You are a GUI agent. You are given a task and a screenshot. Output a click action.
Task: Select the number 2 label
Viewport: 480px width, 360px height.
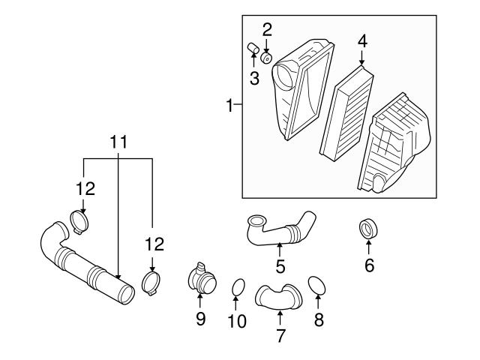266,30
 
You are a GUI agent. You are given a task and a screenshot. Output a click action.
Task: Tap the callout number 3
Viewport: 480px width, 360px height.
254,78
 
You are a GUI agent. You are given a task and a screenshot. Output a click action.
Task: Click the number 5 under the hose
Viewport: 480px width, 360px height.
280,266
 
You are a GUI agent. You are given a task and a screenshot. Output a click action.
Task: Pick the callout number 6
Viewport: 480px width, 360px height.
368,265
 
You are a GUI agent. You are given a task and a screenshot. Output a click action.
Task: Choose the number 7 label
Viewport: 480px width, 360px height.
280,335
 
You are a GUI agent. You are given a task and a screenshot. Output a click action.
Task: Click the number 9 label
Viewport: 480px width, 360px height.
200,319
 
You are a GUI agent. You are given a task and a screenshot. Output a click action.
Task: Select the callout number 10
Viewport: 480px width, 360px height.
236,322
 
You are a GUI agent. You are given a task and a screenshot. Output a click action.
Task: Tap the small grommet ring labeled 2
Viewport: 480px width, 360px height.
267,57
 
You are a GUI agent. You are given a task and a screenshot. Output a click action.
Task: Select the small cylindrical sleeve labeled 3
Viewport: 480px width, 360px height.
253,51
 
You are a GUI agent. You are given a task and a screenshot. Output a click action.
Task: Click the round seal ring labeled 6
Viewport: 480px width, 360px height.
367,229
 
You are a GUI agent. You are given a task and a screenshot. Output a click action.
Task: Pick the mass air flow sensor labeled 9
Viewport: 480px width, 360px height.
201,280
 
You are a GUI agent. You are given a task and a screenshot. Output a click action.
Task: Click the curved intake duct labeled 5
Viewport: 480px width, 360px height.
281,229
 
